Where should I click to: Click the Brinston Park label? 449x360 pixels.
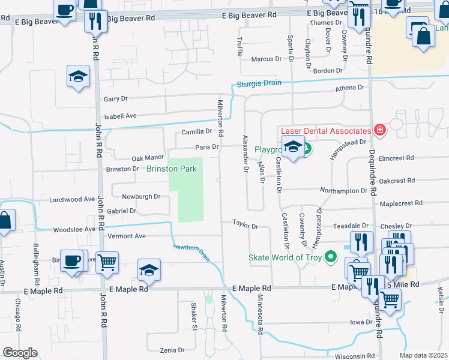(x=172, y=169)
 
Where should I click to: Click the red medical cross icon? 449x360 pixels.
(x=379, y=130)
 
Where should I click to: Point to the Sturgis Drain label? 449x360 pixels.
(x=259, y=83)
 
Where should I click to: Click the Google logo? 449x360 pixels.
(x=20, y=353)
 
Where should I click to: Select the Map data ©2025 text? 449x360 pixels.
(x=423, y=355)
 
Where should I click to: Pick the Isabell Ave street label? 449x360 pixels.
(x=121, y=116)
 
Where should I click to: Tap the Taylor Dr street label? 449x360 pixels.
(x=246, y=227)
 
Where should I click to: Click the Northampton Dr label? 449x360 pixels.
(x=343, y=190)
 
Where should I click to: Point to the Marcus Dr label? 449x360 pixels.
(x=267, y=59)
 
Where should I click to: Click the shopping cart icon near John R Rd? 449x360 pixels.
(x=107, y=261)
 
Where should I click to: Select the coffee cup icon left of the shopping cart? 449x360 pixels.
(x=73, y=260)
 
